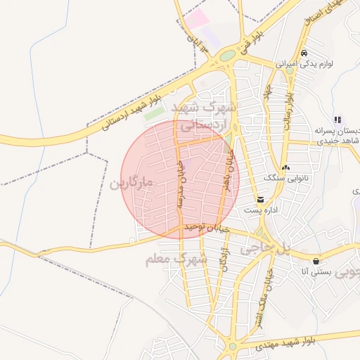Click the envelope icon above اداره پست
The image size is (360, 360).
(261, 200)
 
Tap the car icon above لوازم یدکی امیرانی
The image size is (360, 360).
(303, 53)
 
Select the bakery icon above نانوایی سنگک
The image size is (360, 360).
(285, 168)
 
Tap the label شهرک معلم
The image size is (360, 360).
(176, 259)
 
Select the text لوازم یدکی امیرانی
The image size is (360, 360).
(326, 63)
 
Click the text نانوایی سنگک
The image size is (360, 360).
(284, 179)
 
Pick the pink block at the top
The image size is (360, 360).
(198, 18)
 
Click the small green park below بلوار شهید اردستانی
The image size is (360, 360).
(154, 114)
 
